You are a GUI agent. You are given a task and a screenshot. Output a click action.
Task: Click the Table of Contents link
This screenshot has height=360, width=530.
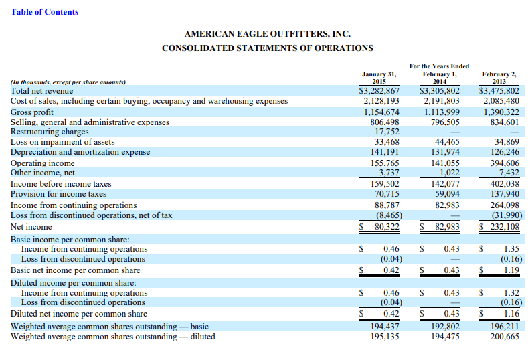44,12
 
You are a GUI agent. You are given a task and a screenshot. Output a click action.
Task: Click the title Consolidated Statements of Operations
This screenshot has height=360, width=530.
267,48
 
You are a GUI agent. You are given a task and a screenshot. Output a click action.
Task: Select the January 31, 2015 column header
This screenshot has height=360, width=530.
379,78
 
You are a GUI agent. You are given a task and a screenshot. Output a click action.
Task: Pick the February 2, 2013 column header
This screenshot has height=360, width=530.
499,78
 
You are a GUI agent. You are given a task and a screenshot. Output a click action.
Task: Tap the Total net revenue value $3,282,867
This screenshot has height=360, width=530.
379,91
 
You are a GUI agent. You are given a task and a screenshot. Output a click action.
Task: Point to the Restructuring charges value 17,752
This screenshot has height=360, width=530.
386,132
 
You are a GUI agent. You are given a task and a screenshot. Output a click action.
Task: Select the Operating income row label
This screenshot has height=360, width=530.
43,163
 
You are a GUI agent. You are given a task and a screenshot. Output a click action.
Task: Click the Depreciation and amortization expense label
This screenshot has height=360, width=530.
80,152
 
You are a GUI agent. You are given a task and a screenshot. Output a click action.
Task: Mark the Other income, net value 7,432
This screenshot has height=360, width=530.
507,173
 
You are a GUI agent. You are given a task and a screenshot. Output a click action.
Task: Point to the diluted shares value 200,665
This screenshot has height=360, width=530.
504,337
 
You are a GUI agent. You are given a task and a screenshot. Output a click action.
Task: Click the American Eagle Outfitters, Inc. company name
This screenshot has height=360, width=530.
267,33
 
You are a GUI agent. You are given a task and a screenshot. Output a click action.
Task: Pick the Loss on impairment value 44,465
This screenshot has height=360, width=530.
447,142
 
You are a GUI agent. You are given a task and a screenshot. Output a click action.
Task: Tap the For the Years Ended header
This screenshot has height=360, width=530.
439,66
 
